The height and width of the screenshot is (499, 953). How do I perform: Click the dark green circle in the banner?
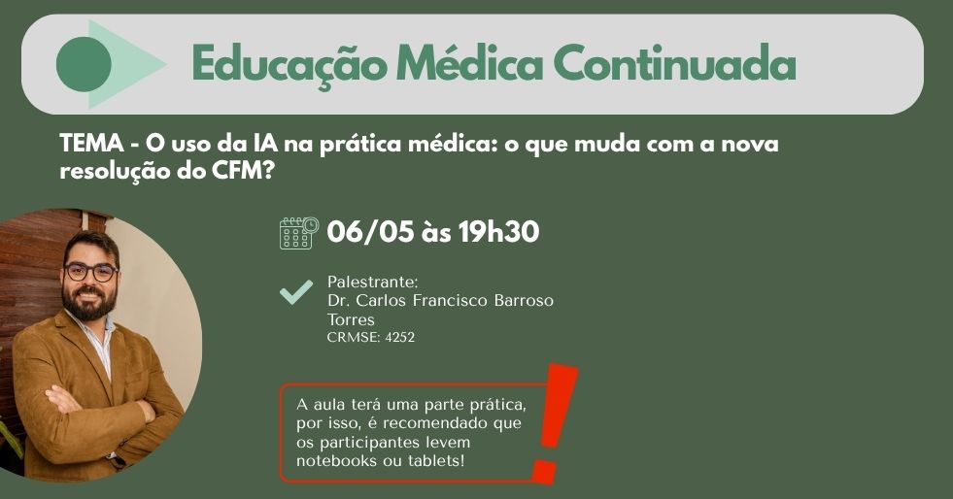coord(84,64)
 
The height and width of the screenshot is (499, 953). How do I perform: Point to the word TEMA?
coord(89,145)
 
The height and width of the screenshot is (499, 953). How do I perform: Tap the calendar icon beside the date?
coord(298,232)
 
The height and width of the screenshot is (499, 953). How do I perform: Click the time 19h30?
coord(492,233)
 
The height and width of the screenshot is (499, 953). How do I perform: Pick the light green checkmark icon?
coord(295,291)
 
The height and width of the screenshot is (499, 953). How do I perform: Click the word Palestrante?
coord(372,282)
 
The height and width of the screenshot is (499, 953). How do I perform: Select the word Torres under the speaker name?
coord(351,319)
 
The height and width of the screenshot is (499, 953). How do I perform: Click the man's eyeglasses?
coord(91,272)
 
